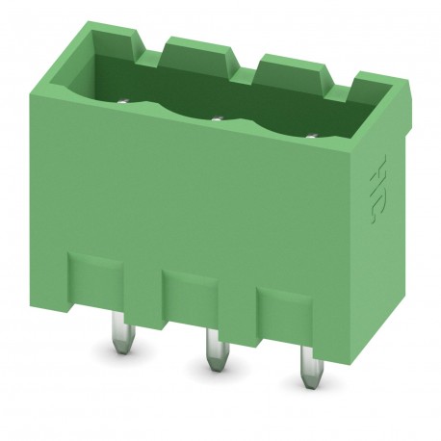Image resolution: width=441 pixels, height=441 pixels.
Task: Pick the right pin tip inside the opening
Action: pos(310,134)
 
